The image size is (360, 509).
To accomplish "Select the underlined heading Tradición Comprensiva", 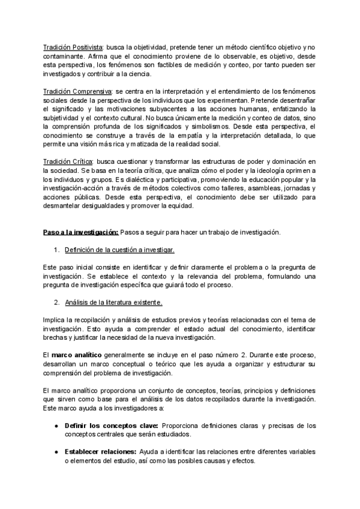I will tap(77, 91).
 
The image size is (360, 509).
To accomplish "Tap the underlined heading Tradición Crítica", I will tap(68, 162).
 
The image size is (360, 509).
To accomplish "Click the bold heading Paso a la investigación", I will tap(80, 233).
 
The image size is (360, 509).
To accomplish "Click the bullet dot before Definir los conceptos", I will tap(55, 426).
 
